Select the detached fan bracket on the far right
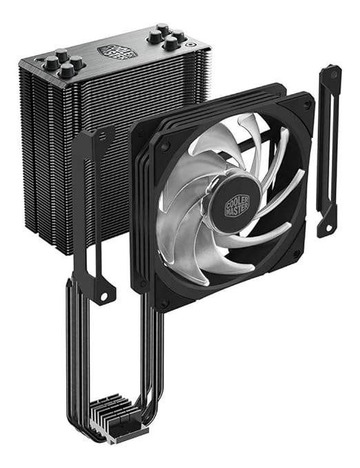tap(328, 148)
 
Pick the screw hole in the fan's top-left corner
tap(166, 146)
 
